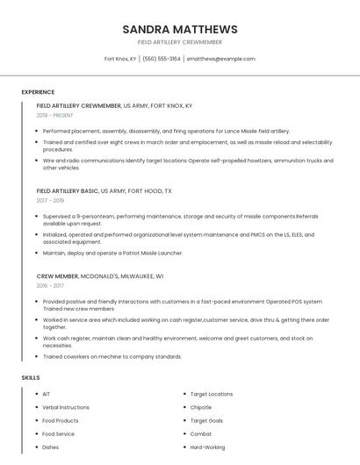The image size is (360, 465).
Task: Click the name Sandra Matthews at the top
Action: coord(180,29)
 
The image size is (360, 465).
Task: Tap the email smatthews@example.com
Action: coord(220,59)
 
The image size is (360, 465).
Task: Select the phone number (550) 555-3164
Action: coord(161,59)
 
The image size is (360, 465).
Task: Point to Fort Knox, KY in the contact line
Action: coord(120,59)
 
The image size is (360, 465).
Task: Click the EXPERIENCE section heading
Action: coord(38,92)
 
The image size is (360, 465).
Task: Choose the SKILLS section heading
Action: coord(31,377)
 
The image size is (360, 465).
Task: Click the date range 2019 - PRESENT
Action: coord(55,115)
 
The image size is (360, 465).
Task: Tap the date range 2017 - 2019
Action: coord(50,200)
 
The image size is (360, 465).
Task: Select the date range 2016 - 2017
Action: coord(50,285)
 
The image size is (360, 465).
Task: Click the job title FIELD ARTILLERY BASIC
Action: coord(68,190)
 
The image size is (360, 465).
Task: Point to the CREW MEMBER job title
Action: coord(57,275)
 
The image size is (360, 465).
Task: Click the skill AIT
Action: coord(47,394)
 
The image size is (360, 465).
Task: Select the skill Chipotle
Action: coord(201,407)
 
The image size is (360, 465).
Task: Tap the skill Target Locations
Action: coord(212,394)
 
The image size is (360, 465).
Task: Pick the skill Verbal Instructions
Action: coord(66,407)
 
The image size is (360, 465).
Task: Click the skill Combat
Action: coord(201,433)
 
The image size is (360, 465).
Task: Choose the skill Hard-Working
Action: coord(207,447)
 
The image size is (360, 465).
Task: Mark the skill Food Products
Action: coord(61,420)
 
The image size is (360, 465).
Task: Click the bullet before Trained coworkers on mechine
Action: coord(37,357)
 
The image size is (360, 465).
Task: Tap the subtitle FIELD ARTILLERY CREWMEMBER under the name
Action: coord(180,42)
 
